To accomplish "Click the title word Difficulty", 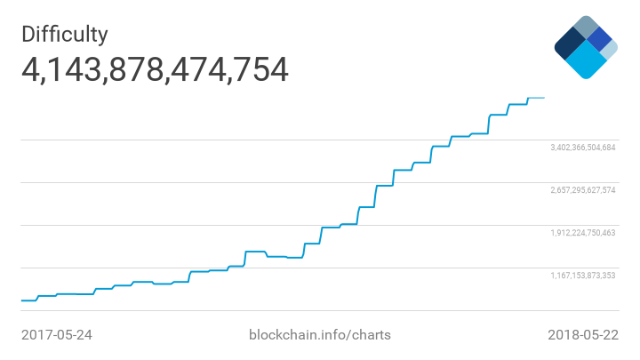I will click(65, 34).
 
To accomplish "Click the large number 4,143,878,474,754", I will click(155, 69).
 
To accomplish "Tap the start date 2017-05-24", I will click(57, 335).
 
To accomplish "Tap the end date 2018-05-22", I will click(582, 335).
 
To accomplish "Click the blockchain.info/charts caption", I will click(319, 335).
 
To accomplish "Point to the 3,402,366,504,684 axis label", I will click(582, 148).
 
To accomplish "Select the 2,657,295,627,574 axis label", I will click(582, 190).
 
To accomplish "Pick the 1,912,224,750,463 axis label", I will click(582, 233).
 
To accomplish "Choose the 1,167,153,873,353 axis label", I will click(582, 276).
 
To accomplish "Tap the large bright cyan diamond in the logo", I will click(586, 60).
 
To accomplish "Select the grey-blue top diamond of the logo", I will click(586, 27).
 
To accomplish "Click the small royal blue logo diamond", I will click(600, 39).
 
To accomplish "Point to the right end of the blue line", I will click(544, 98).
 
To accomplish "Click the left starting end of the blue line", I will click(21, 300).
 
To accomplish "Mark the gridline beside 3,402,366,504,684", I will click(267, 140).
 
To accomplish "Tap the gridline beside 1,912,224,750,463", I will click(178, 225).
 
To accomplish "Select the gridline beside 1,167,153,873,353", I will click(133, 268).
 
